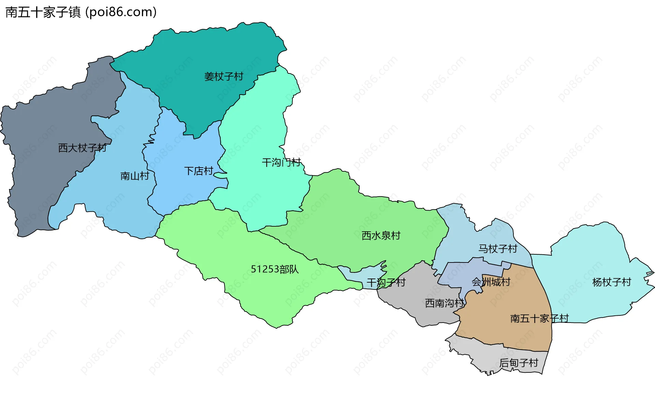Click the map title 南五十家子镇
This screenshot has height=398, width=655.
coord(43,12)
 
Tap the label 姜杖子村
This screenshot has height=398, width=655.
coord(224,76)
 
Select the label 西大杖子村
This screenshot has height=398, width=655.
coord(82,148)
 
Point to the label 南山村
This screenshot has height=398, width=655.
coord(135,176)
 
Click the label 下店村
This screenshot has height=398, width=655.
coord(199,171)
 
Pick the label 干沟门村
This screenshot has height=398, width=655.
coord(281,162)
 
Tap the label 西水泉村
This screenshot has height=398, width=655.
coord(381,236)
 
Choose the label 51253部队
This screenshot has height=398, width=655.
coord(275,269)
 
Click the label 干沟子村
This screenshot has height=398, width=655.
coord(386,282)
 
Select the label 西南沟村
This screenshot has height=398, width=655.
coord(445,303)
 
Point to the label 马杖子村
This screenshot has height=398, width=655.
coord(498,248)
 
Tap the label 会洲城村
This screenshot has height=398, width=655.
coord(491,282)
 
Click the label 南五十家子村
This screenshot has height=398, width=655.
coord(539,318)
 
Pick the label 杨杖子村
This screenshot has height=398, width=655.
coord(612,282)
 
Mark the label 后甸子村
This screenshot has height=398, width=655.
coord(519,363)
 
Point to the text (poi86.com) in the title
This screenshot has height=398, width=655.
coord(121,12)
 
